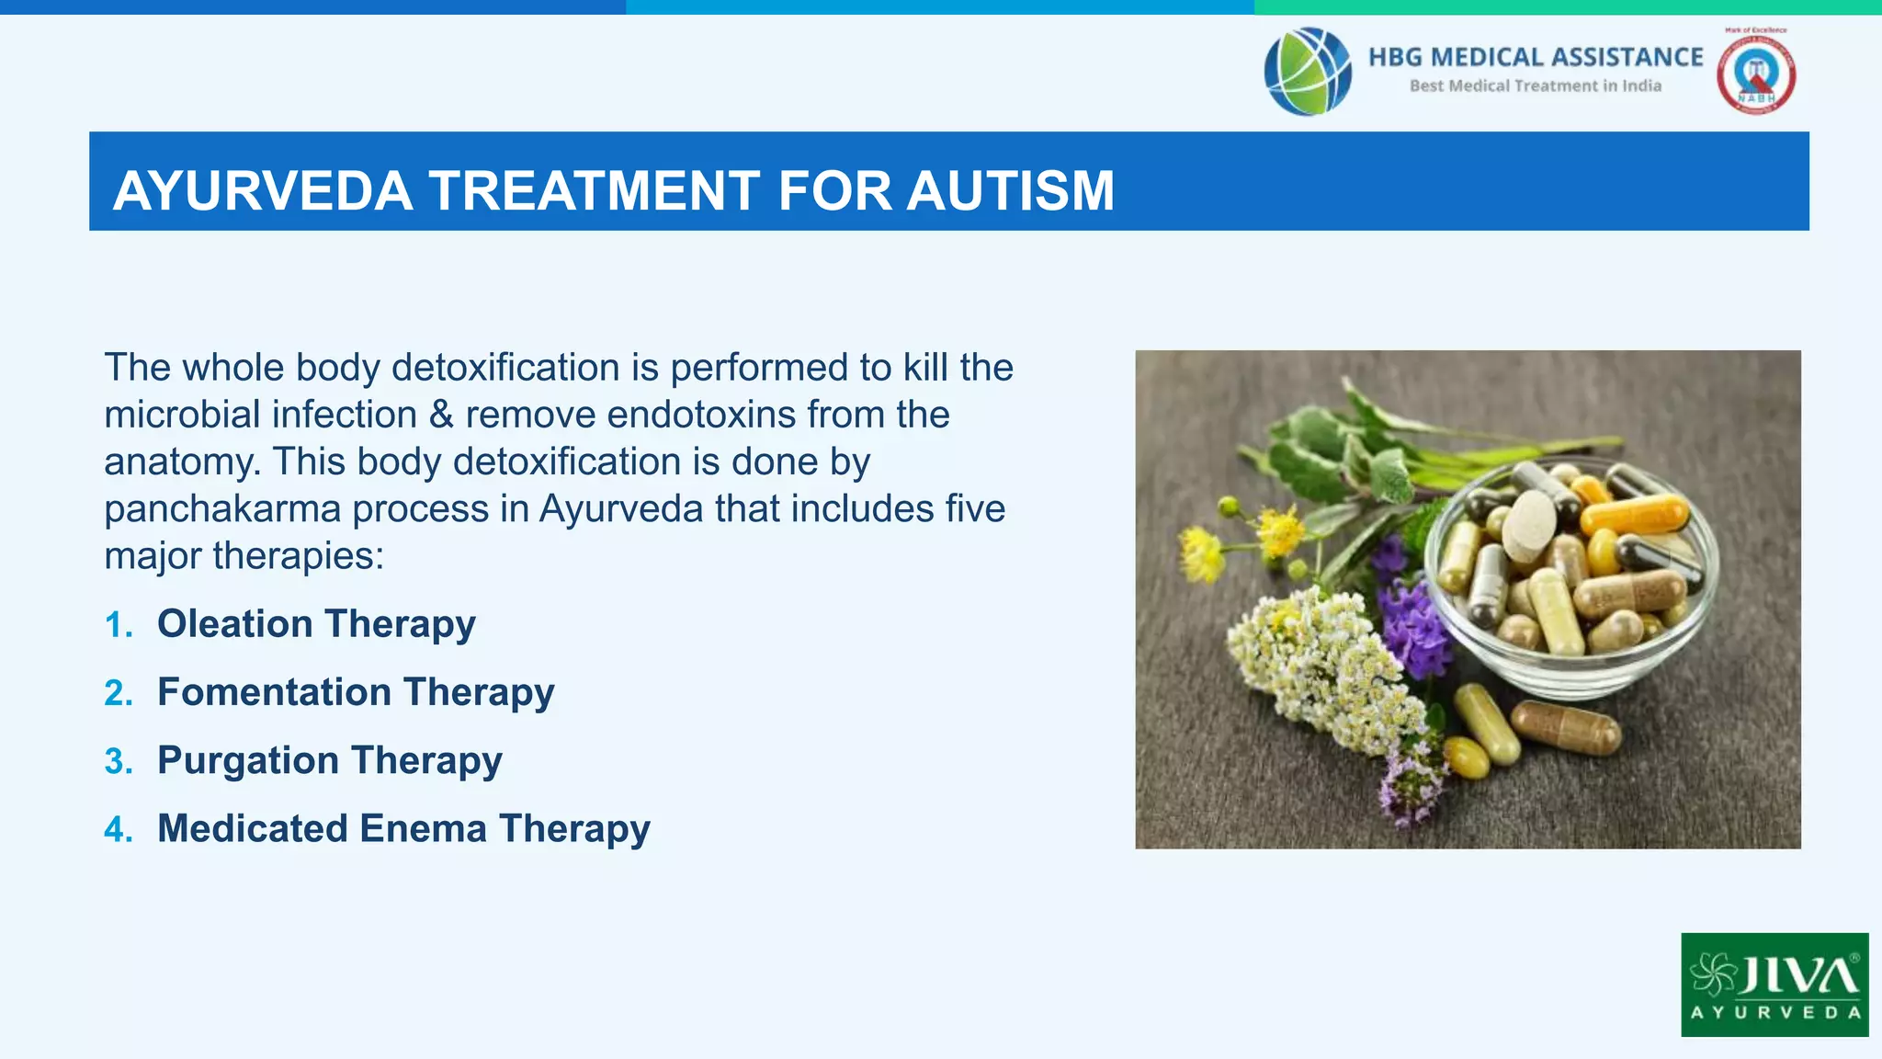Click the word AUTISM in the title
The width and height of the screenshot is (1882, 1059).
(x=1010, y=190)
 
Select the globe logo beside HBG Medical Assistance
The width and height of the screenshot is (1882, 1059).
(x=1308, y=72)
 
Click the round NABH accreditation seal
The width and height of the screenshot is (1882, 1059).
(x=1755, y=74)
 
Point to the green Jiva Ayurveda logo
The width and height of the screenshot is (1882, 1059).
(x=1774, y=985)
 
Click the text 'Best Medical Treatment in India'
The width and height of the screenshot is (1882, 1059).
(x=1536, y=85)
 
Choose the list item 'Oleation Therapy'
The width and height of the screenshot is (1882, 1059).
(x=316, y=624)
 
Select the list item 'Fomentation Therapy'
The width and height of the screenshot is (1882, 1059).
(x=356, y=692)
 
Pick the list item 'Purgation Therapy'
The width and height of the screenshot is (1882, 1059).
(x=329, y=760)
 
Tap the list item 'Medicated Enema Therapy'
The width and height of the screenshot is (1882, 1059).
(x=403, y=828)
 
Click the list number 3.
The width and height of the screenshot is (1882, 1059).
(x=119, y=761)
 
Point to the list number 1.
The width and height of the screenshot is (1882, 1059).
(x=119, y=625)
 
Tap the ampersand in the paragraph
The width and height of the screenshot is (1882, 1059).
(x=441, y=415)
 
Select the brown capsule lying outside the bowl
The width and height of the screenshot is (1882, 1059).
(x=1566, y=726)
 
